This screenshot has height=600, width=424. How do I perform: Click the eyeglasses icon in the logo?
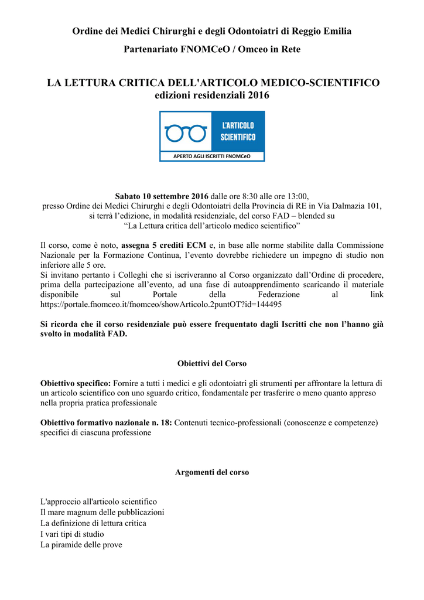186,134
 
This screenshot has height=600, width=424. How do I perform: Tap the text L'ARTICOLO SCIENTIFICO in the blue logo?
238,132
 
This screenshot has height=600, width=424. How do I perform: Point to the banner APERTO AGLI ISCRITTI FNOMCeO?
212,156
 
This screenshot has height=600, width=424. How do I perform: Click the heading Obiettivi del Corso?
212,363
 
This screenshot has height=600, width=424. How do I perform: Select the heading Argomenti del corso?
212,472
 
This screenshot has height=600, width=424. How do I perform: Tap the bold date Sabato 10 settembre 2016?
162,196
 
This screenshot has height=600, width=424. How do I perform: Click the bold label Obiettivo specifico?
76,383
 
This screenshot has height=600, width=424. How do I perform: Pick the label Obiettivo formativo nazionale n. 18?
106,422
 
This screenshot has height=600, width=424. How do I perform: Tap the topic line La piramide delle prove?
81,544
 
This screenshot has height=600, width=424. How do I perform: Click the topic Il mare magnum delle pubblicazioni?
102,512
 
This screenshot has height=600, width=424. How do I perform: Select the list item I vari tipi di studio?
72,534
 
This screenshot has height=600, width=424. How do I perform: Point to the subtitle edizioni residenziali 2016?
212,95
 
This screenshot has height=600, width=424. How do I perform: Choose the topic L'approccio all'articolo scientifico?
98,502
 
